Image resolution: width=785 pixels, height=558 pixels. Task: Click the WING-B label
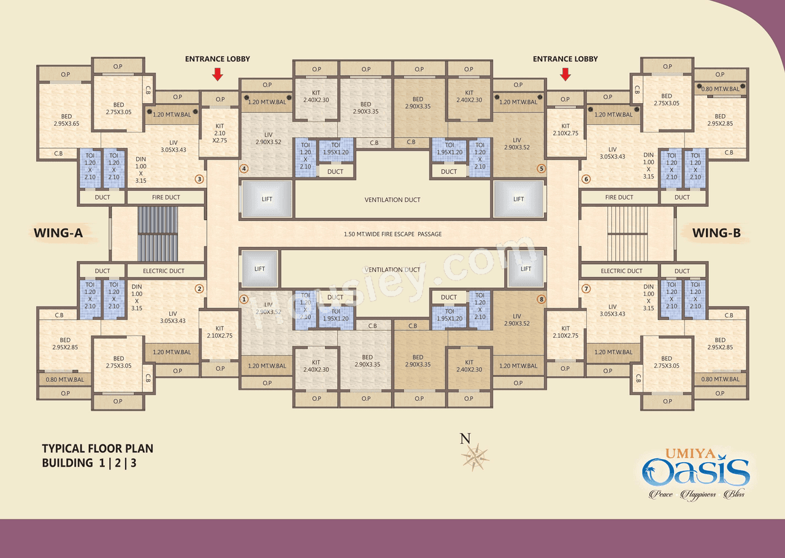(x=716, y=233)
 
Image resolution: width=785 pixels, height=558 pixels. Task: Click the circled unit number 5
(x=541, y=168)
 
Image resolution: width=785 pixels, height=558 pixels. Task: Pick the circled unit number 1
(x=244, y=300)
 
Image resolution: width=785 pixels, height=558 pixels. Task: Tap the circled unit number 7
(x=586, y=289)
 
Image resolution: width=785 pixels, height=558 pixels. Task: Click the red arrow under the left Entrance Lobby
(x=218, y=74)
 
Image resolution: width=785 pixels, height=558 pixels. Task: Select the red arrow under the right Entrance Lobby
(x=565, y=74)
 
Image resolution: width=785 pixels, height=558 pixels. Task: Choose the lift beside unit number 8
(x=526, y=269)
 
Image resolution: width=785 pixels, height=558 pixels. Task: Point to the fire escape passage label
(x=392, y=234)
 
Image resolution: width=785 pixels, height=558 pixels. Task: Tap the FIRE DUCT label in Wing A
(x=166, y=198)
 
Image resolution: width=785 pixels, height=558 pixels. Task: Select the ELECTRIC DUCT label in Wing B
(x=621, y=271)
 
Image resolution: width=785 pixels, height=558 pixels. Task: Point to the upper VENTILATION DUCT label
(x=392, y=200)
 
